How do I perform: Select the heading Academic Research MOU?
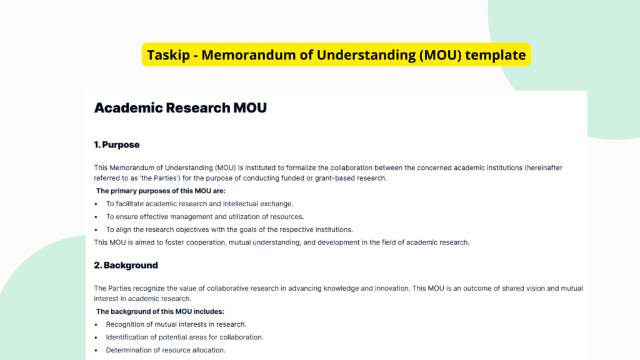[180, 107]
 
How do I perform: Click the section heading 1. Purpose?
[116, 144]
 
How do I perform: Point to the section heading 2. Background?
[126, 265]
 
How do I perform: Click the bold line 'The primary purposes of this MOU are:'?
[161, 191]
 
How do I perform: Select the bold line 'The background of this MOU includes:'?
[160, 311]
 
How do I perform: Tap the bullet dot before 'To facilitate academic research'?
[96, 204]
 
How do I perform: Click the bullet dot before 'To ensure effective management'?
[96, 217]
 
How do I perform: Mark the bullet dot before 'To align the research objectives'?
[96, 229]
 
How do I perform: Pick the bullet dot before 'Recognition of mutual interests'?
[96, 324]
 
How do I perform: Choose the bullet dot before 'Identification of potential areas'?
[96, 337]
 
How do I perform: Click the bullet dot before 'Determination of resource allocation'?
[96, 350]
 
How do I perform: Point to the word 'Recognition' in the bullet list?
[125, 324]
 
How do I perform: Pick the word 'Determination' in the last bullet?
[129, 350]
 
